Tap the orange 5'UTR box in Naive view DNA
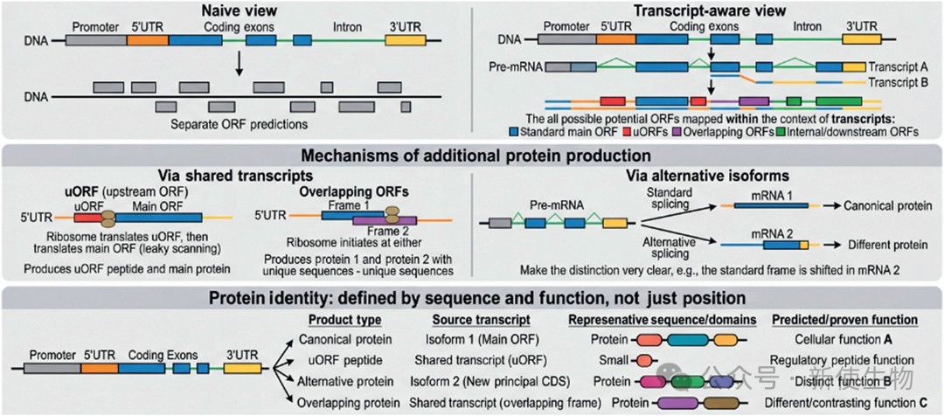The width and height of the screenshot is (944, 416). tap(148, 41)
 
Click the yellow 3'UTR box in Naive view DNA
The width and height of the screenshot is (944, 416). tap(405, 41)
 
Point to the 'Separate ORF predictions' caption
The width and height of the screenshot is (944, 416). tap(239, 125)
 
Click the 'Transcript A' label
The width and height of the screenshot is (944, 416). tap(897, 66)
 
